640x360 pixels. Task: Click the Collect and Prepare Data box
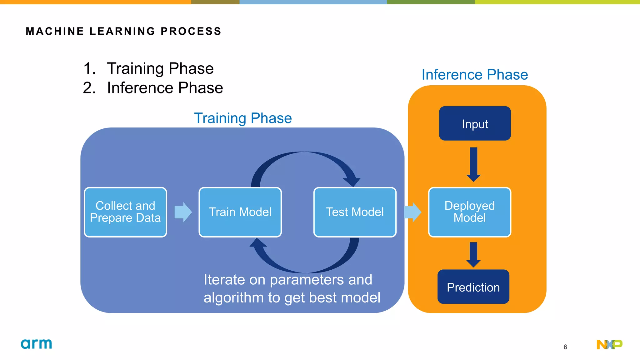pos(125,212)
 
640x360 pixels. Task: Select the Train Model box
pos(240,212)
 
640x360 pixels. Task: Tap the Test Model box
pos(355,212)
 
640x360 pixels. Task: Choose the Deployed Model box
pos(469,212)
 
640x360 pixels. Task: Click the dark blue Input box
pos(475,123)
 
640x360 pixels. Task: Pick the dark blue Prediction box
pos(473,287)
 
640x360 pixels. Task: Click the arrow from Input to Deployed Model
pos(473,164)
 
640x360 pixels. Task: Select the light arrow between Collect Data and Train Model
pos(183,212)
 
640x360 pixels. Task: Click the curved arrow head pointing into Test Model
pos(352,181)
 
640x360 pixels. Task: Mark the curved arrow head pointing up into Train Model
pos(258,243)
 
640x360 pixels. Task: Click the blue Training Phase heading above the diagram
pos(243,118)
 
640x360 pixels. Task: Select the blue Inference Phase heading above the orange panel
pos(474,75)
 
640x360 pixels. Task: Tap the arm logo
pos(36,344)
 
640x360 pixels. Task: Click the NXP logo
pos(609,344)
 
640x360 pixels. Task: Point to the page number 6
pos(565,347)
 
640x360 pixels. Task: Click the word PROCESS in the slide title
pos(191,31)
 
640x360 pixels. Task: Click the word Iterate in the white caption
pos(224,279)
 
